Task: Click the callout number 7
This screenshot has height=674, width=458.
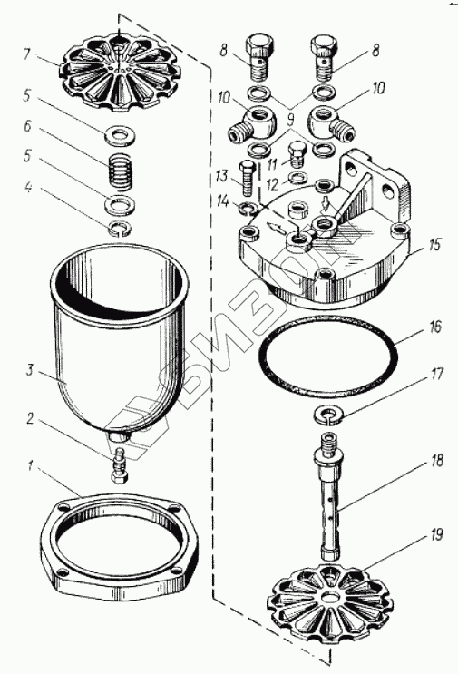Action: pyautogui.click(x=27, y=54)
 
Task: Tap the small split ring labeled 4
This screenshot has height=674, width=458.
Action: pyautogui.click(x=119, y=228)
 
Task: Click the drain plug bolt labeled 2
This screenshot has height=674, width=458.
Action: pyautogui.click(x=119, y=465)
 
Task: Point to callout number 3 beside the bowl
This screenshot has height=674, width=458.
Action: pyautogui.click(x=30, y=370)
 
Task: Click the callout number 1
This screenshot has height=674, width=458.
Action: pyautogui.click(x=30, y=465)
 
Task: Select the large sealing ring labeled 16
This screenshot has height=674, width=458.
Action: pyautogui.click(x=328, y=355)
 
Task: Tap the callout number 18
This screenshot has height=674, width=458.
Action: pyautogui.click(x=436, y=460)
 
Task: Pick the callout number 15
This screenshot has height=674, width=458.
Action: pyautogui.click(x=434, y=245)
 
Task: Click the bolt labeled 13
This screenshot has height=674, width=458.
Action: pyautogui.click(x=247, y=178)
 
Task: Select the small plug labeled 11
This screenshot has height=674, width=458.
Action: pyautogui.click(x=297, y=156)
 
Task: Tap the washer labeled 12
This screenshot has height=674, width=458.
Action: pyautogui.click(x=297, y=177)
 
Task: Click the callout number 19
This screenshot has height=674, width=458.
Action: pyautogui.click(x=435, y=535)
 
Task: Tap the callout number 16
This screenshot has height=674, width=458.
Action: pyautogui.click(x=434, y=327)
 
